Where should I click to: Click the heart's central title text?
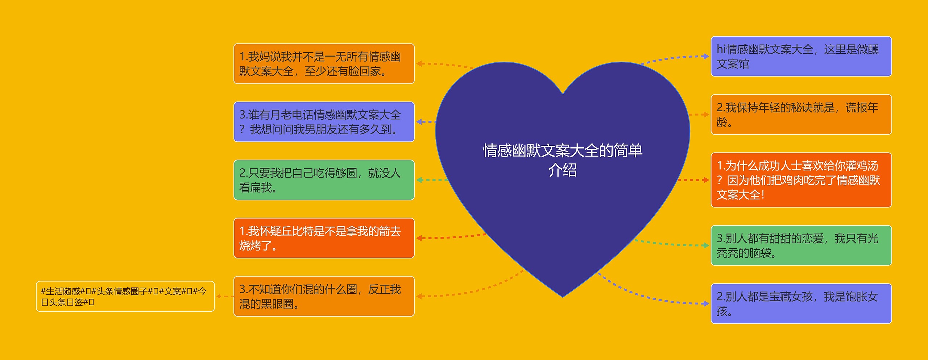click(562, 160)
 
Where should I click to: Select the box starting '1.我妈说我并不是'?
click(324, 64)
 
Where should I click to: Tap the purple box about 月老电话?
click(324, 122)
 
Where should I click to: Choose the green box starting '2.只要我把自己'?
click(324, 180)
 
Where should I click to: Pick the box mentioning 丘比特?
click(324, 238)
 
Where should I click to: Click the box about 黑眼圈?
click(324, 296)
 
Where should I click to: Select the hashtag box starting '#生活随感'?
click(125, 296)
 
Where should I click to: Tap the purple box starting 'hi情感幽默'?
click(801, 56)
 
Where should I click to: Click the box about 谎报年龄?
click(801, 115)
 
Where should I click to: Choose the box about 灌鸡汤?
click(801, 180)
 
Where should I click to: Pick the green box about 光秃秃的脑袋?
click(801, 245)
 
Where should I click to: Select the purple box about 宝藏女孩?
click(801, 303)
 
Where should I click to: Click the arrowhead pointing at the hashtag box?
click(219, 296)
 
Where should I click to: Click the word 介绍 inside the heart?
click(562, 170)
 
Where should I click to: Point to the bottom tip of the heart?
click(563, 297)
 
